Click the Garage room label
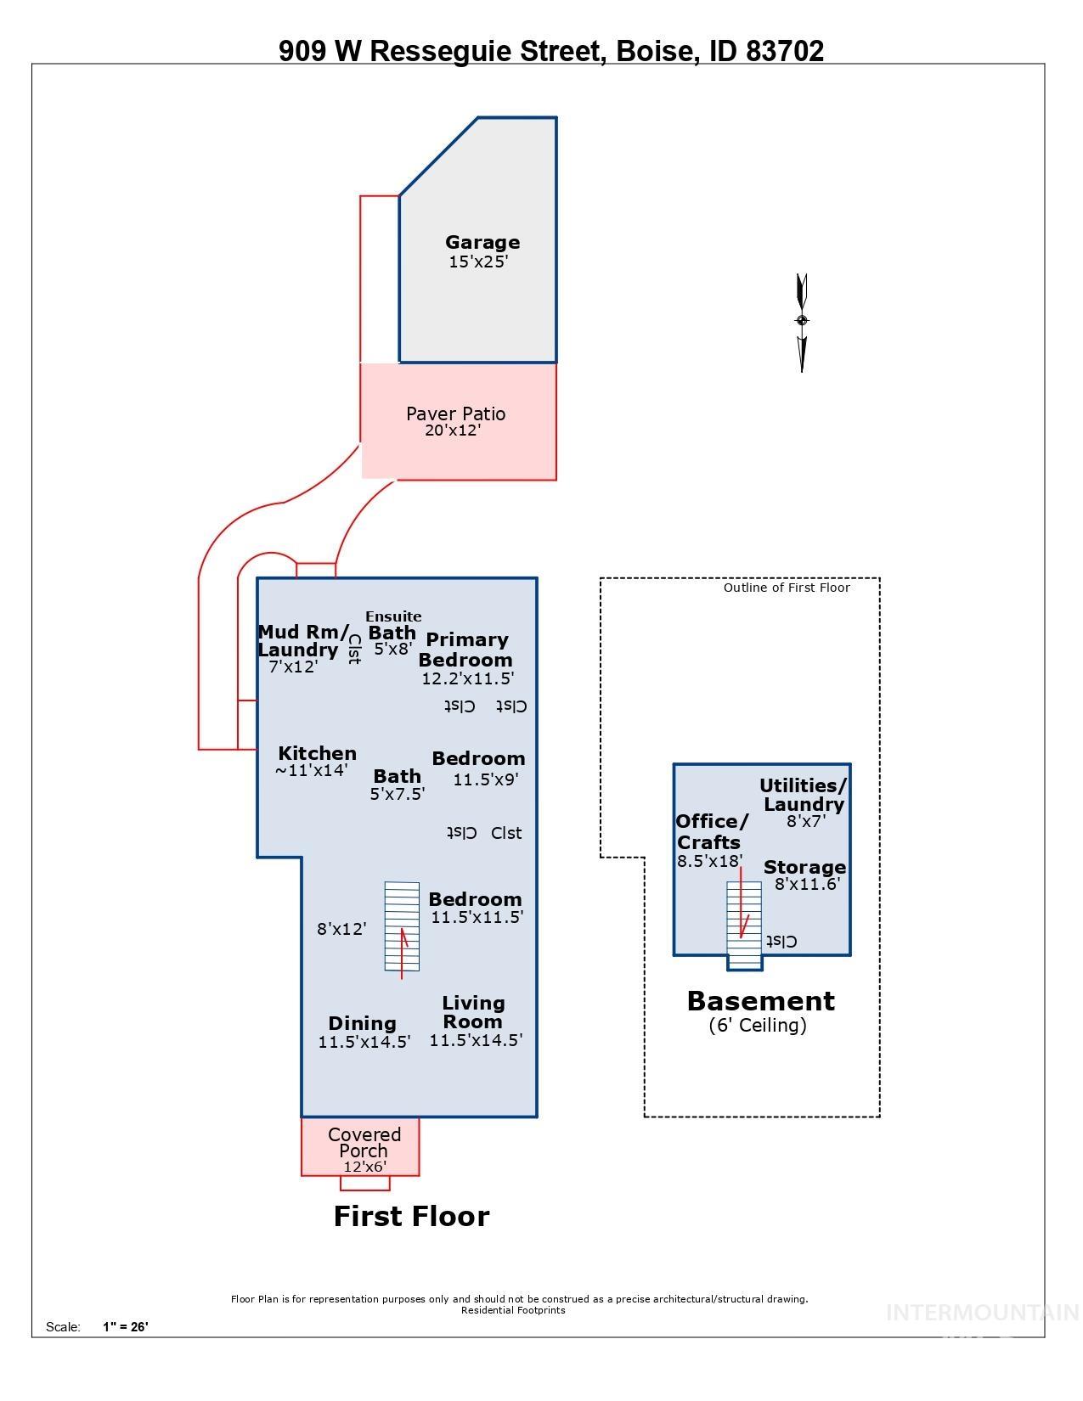click(482, 243)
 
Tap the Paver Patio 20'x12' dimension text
click(453, 430)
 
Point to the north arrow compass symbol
click(801, 321)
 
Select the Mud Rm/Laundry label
click(302, 641)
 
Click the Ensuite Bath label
click(392, 626)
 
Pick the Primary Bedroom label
click(466, 650)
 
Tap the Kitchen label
click(317, 753)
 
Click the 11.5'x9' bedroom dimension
click(485, 779)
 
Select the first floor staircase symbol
click(402, 926)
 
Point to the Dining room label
click(362, 1023)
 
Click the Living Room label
click(473, 1012)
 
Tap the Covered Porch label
click(364, 1142)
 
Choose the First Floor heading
click(411, 1216)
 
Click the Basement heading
click(760, 1001)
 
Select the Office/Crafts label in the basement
click(711, 832)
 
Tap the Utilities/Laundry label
click(803, 795)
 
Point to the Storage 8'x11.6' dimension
click(806, 884)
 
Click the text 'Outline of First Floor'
click(786, 588)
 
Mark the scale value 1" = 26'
click(126, 1326)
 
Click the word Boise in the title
click(655, 52)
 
